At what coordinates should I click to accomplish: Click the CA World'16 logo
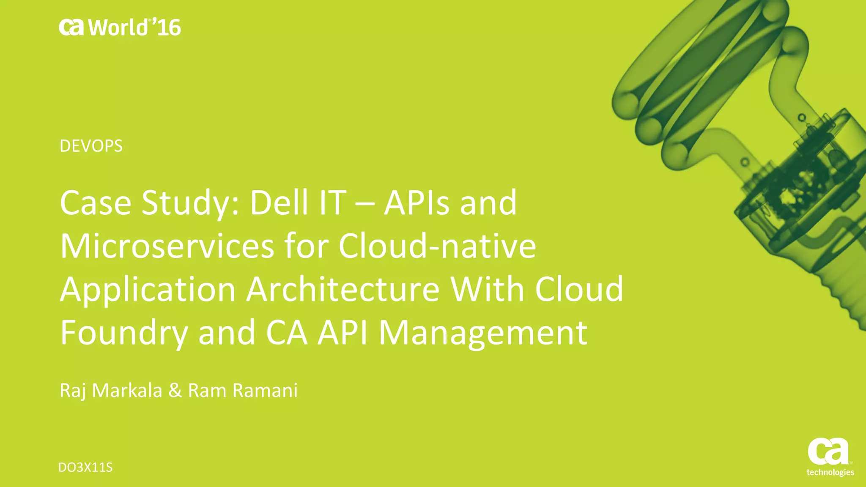tap(120, 27)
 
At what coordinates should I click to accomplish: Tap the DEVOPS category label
tap(91, 146)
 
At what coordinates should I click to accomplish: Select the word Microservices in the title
tap(167, 246)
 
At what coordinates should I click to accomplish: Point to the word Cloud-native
tap(437, 246)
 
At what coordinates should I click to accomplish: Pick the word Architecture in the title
tap(343, 289)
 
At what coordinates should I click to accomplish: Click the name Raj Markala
tap(111, 390)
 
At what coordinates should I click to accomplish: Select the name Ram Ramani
tap(243, 390)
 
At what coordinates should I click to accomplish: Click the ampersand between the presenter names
tap(175, 390)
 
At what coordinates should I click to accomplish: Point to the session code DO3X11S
tap(85, 468)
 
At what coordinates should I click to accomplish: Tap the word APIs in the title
tap(416, 203)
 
